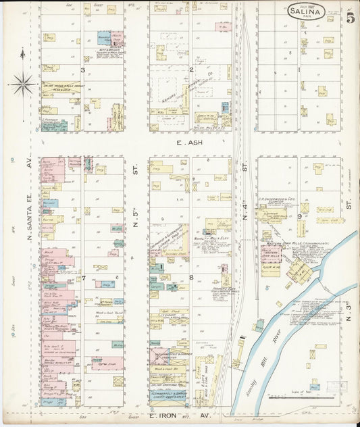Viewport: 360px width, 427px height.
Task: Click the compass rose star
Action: (23, 84)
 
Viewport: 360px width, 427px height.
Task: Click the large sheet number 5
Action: (351, 18)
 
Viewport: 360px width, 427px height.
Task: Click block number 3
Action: (82, 70)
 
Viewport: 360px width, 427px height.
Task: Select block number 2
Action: (190, 70)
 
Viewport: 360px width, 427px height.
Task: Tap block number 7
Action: (82, 278)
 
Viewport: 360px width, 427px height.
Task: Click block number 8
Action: (191, 277)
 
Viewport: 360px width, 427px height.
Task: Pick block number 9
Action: (299, 216)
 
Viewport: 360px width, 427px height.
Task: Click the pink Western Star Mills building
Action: (272, 255)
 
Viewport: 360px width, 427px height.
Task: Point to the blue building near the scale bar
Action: (315, 387)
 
